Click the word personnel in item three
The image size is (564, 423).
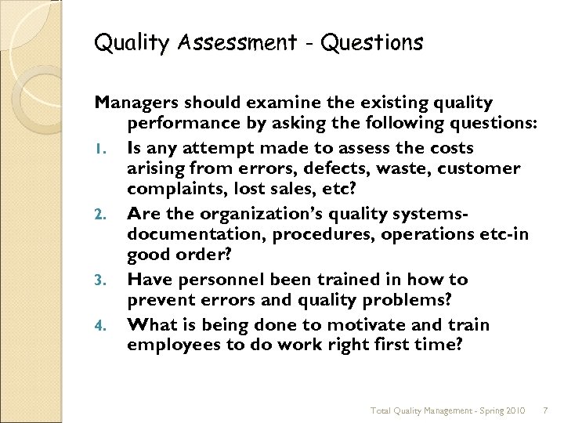pos(219,280)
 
